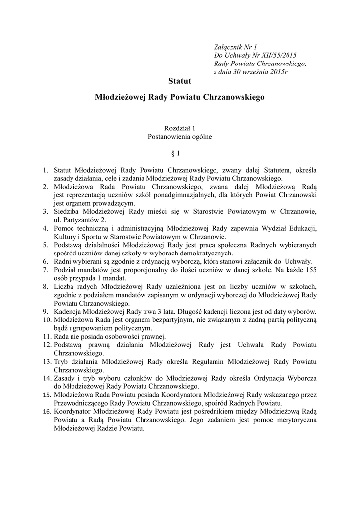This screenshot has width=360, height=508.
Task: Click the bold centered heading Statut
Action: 180,80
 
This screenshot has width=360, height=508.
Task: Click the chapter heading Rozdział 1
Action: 180,128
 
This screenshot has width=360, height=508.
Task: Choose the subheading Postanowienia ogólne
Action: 180,136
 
